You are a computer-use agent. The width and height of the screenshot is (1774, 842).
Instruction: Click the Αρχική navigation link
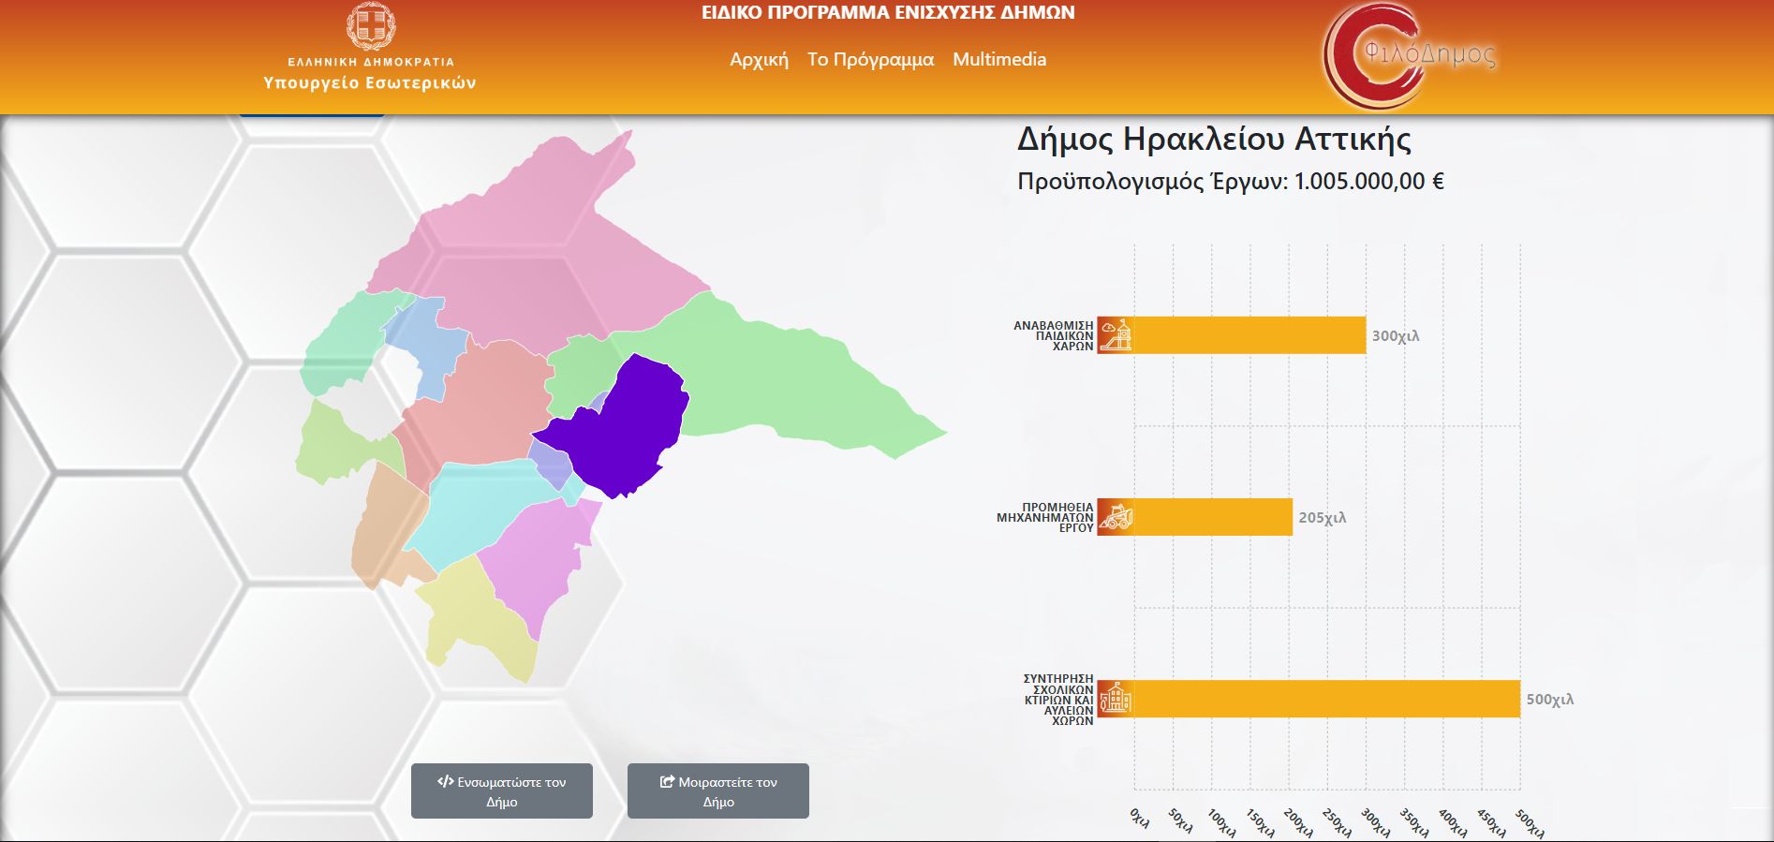point(759,59)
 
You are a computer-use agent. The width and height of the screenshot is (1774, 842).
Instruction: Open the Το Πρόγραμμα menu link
point(870,59)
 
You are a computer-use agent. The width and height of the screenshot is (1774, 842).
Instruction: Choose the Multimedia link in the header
point(999,59)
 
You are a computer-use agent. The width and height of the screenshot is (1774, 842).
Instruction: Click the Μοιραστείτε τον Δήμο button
point(718,791)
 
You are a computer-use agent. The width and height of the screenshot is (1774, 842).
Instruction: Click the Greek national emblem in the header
point(371,26)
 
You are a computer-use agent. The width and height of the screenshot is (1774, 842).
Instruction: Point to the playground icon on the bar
point(1116,335)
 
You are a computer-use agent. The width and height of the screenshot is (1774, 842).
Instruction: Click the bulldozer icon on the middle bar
point(1116,517)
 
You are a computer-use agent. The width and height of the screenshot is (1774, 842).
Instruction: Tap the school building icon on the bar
point(1116,699)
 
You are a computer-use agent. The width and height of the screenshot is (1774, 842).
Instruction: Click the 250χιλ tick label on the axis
point(1336,821)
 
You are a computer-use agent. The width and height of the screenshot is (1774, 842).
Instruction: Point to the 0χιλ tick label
point(1140,817)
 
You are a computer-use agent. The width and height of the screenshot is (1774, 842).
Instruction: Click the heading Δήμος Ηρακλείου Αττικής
point(1214,140)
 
